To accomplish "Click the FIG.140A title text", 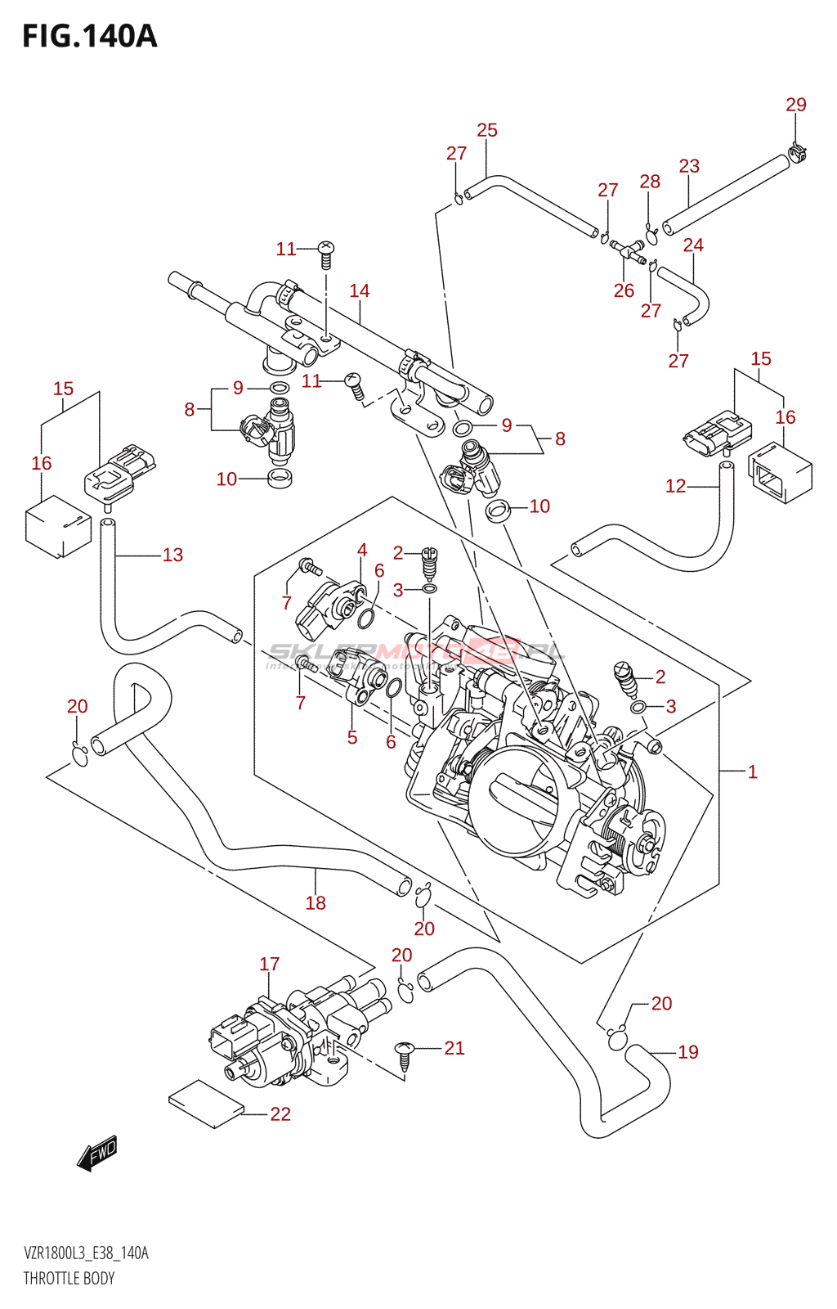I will coord(89,37).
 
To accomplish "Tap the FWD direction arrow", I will coord(97,1153).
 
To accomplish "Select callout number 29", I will coord(795,105).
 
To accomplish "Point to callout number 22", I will coord(280,1114).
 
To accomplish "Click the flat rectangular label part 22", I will coord(206,1104).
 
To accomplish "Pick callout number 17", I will coord(269,965).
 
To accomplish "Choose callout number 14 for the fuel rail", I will coord(360,290).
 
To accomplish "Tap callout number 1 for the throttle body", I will coord(752,771).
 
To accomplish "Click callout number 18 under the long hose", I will coord(316,903).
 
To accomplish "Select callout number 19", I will coord(688,1052).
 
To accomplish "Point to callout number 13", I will coord(172,555).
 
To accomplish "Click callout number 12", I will coord(675,486).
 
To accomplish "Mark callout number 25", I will coord(487,130).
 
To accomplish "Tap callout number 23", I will coord(689,166).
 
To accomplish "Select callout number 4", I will coord(361,550).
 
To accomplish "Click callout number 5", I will coord(351,737).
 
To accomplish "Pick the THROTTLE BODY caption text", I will coord(69,1278).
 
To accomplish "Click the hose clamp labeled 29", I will coord(798,151).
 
